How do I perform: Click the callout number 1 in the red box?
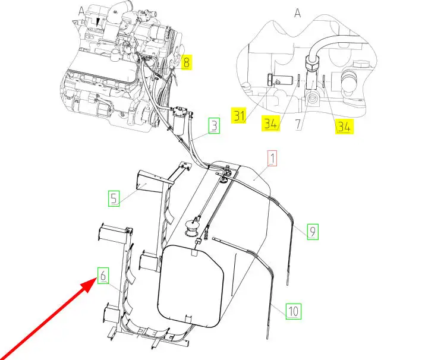pyautogui.click(x=272, y=158)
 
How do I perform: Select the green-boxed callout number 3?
pyautogui.click(x=214, y=126)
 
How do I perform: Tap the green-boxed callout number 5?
pyautogui.click(x=114, y=198)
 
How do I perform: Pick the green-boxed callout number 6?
pyautogui.click(x=103, y=276)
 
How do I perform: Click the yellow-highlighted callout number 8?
pyautogui.click(x=186, y=62)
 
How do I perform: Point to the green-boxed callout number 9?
pyautogui.click(x=313, y=232)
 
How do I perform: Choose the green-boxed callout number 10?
pyautogui.click(x=293, y=311)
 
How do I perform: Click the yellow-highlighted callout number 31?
pyautogui.click(x=239, y=116)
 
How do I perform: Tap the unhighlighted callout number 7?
pyautogui.click(x=298, y=124)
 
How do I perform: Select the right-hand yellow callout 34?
pyautogui.click(x=344, y=127)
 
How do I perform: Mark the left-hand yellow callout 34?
pyautogui.click(x=270, y=123)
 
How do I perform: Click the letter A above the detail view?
pyautogui.click(x=298, y=12)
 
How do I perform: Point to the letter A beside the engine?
pyautogui.click(x=81, y=12)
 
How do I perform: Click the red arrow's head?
pyautogui.click(x=89, y=286)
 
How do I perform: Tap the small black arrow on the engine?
pyautogui.click(x=99, y=22)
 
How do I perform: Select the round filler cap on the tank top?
pyautogui.click(x=191, y=228)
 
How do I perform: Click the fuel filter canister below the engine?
pyautogui.click(x=180, y=120)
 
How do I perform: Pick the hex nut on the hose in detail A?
pyautogui.click(x=313, y=63)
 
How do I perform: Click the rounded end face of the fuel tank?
pyautogui.click(x=191, y=286)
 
